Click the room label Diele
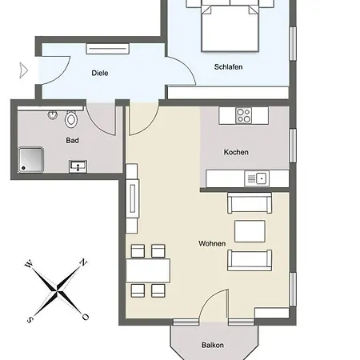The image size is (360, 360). (x=100, y=73)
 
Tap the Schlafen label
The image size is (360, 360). (x=228, y=66)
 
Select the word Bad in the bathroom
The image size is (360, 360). (x=72, y=140)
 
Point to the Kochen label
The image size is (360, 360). (x=236, y=152)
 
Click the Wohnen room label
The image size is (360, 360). (x=212, y=243)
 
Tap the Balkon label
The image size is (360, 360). (x=213, y=345)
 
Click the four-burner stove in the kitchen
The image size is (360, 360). (x=244, y=115)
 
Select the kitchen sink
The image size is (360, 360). (x=257, y=178)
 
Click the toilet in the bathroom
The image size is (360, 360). (x=71, y=119)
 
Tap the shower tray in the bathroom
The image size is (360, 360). (x=30, y=160)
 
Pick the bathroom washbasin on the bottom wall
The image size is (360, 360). (x=78, y=166)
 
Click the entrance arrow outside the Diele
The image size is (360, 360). (x=24, y=70)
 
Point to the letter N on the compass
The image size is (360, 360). (x=83, y=262)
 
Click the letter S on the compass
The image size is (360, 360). (x=30, y=319)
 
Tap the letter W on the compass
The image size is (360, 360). (x=29, y=264)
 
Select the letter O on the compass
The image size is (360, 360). (x=86, y=317)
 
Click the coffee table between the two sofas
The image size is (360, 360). (x=250, y=231)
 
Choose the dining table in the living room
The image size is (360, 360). (x=148, y=270)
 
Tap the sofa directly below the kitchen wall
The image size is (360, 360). (x=250, y=203)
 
